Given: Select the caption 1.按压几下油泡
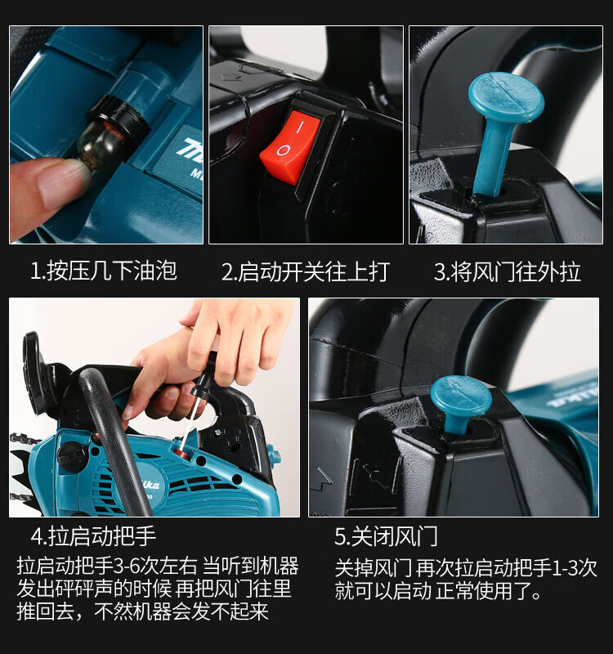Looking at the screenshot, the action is (x=104, y=271).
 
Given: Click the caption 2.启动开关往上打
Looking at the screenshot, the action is (x=306, y=271).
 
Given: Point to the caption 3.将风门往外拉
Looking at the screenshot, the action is (x=507, y=271).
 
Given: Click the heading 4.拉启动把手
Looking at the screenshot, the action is (x=93, y=536).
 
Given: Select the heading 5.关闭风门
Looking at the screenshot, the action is (x=386, y=536).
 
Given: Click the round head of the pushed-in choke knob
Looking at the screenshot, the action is (x=462, y=398).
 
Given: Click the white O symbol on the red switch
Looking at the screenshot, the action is (x=282, y=150).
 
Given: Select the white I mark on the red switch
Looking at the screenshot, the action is (x=299, y=127).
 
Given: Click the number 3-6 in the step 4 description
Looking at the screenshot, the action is (x=127, y=566).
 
